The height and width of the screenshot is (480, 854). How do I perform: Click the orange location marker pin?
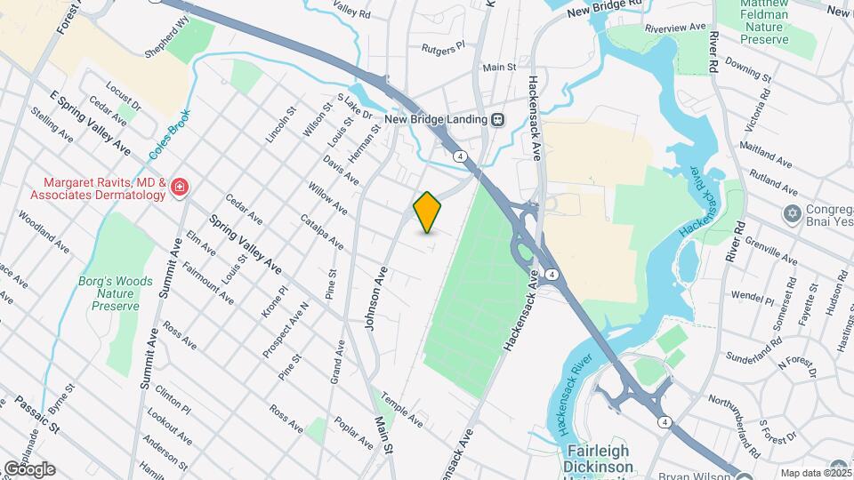pyautogui.click(x=428, y=212)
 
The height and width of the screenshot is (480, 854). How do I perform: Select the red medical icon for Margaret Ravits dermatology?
pyautogui.click(x=180, y=187)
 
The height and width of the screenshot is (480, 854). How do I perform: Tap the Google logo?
pyautogui.click(x=28, y=468)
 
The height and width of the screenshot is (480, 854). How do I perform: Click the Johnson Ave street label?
pyautogui.click(x=376, y=302)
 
